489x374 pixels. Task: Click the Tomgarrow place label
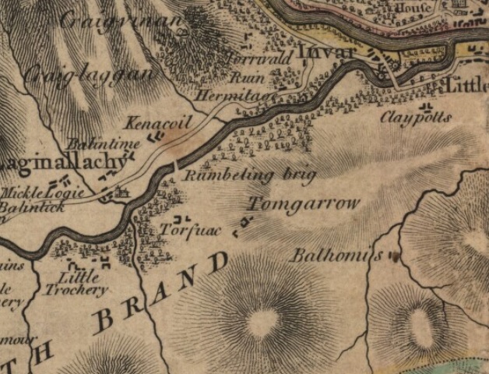pyautogui.click(x=304, y=204)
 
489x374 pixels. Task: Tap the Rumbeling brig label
pyautogui.click(x=249, y=175)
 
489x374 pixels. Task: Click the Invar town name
pyautogui.click(x=327, y=53)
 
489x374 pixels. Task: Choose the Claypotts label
pyautogui.click(x=416, y=118)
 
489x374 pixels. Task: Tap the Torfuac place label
pyautogui.click(x=190, y=231)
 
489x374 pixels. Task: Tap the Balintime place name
pyautogui.click(x=103, y=145)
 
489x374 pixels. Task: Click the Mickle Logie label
pyautogui.click(x=36, y=192)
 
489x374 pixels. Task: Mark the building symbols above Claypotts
pyautogui.click(x=427, y=104)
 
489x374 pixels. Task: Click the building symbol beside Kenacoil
pyautogui.click(x=155, y=137)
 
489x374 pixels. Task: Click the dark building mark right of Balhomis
pyautogui.click(x=394, y=255)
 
